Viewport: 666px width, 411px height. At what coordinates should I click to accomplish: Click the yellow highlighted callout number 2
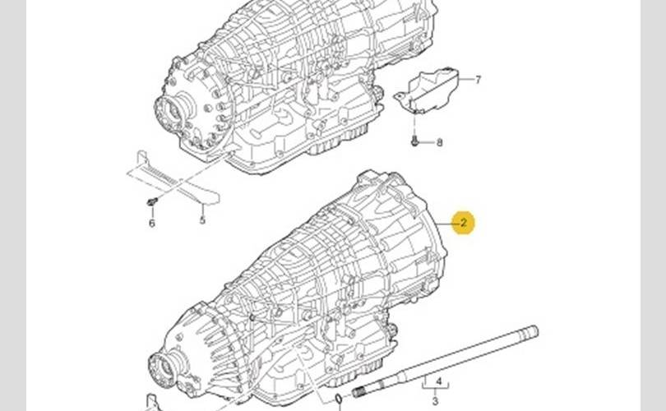(464, 223)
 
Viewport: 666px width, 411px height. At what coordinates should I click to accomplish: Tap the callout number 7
(479, 80)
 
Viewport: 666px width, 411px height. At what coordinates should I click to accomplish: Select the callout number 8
(439, 143)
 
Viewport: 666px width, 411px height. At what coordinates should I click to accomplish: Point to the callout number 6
(151, 224)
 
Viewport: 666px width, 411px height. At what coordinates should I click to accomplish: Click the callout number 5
(202, 220)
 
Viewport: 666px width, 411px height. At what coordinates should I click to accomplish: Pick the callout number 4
(439, 381)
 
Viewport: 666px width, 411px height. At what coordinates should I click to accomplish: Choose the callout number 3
(435, 401)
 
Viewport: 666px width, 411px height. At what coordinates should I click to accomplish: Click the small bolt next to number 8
(415, 141)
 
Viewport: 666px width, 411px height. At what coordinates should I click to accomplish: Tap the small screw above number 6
(152, 201)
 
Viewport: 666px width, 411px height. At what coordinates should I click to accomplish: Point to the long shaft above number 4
(445, 362)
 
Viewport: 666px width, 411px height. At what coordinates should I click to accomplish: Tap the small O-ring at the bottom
(339, 399)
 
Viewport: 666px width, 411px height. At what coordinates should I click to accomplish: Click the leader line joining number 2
(444, 223)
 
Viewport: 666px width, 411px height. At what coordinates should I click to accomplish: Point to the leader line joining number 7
(466, 80)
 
